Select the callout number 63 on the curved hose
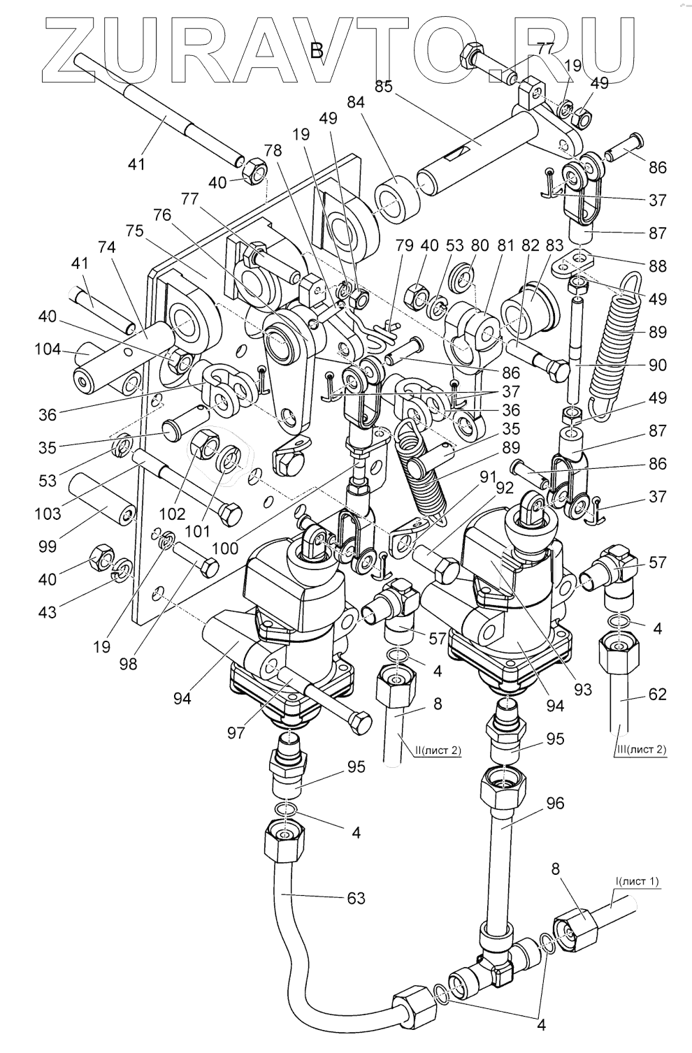click(356, 897)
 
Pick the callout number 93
click(582, 690)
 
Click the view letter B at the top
click(317, 50)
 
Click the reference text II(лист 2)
click(438, 750)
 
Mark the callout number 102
click(172, 514)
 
